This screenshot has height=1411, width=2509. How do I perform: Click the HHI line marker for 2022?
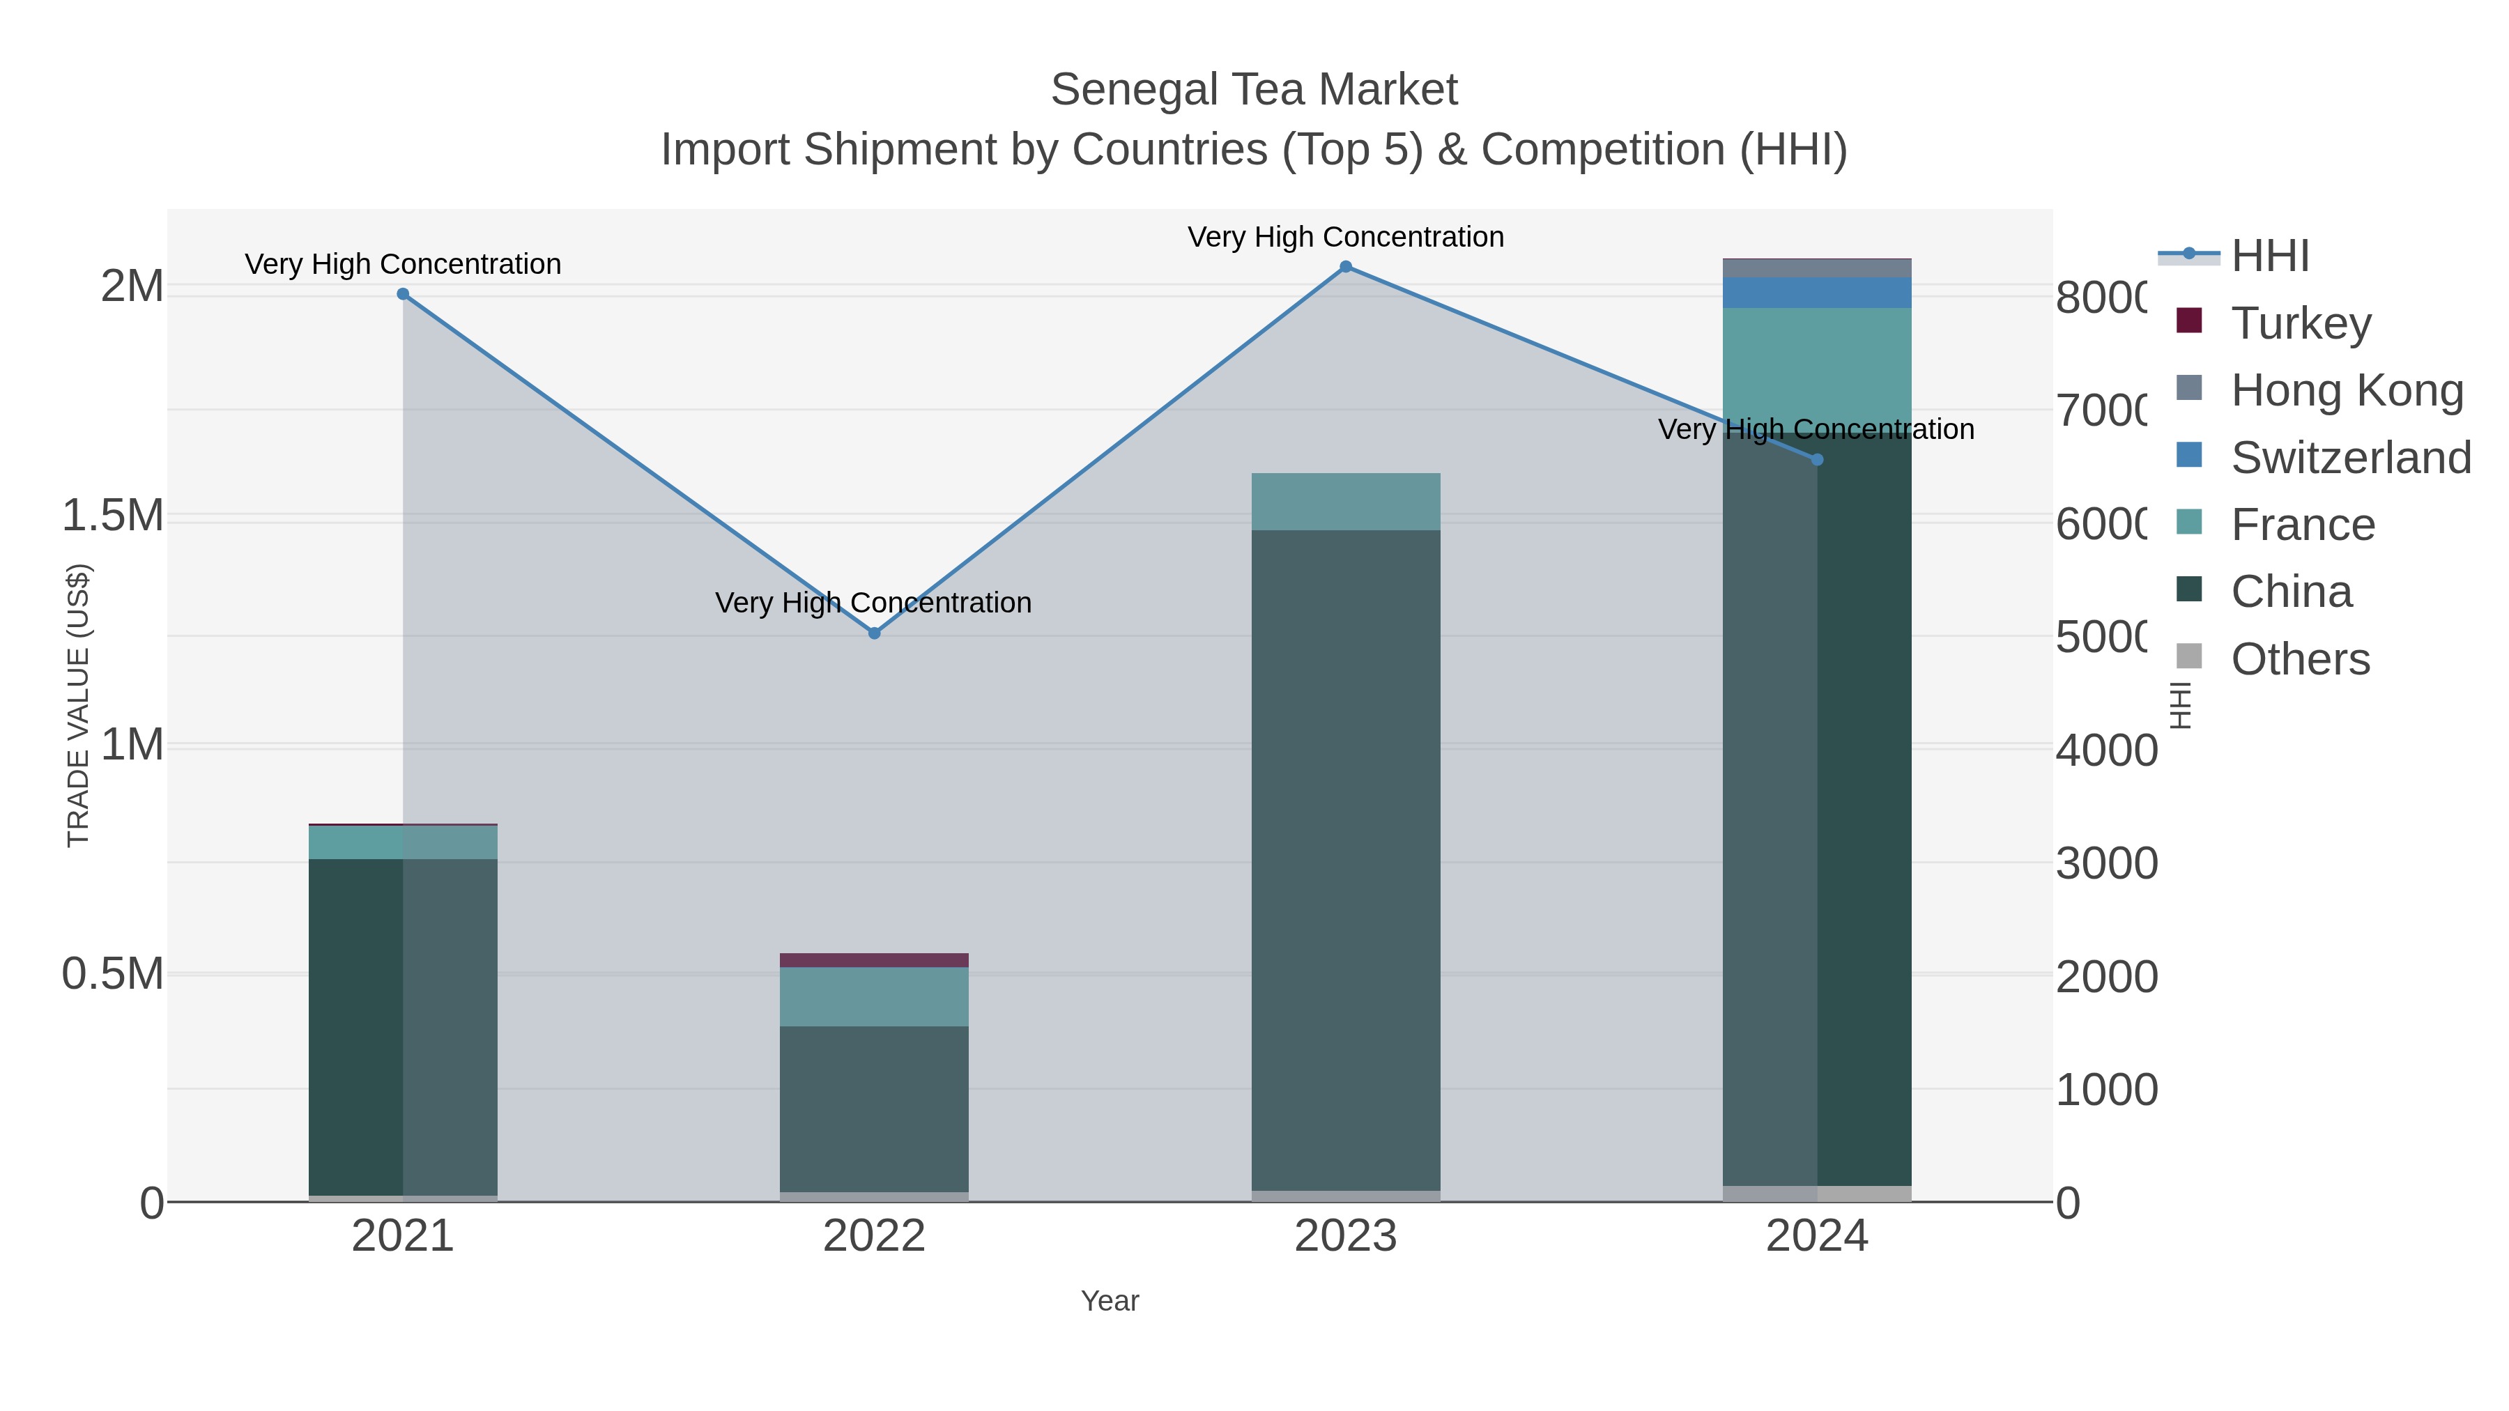[874, 633]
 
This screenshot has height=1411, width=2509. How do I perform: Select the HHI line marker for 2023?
[1345, 267]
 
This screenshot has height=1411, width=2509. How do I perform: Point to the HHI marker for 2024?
[1816, 460]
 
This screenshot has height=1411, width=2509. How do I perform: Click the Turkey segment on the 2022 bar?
[874, 960]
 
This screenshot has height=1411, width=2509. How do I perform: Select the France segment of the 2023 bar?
[1345, 502]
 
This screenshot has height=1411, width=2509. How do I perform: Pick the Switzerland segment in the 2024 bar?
[1816, 292]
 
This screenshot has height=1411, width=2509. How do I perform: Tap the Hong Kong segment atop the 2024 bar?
[1816, 268]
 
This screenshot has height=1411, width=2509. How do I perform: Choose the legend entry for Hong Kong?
[2345, 390]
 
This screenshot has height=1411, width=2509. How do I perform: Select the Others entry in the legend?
[2299, 659]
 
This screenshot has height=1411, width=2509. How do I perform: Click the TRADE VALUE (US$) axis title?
[78, 705]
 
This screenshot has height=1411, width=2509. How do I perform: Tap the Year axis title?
[1110, 1301]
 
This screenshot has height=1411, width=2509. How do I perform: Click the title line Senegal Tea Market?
[1254, 90]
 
